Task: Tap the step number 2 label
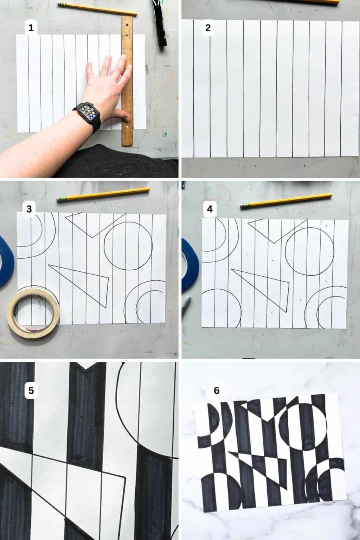click(x=208, y=28)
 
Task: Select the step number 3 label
click(x=29, y=209)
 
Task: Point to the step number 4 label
click(x=210, y=209)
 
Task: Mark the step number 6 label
click(x=216, y=390)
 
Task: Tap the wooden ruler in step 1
click(x=127, y=81)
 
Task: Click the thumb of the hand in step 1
click(x=122, y=114)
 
